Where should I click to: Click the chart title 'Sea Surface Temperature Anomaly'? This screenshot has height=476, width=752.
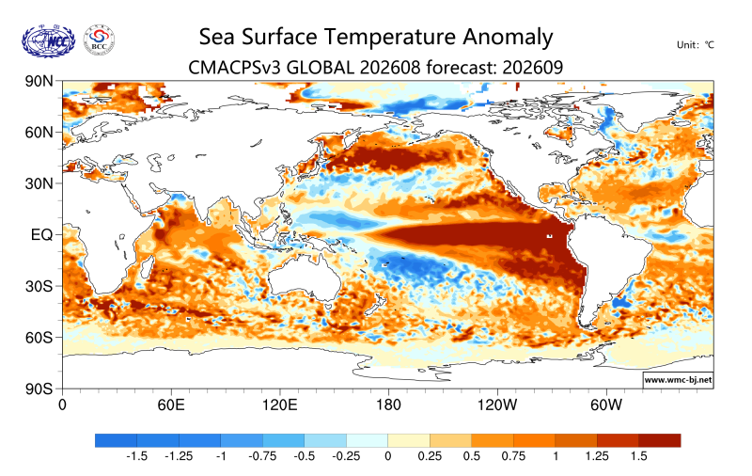(x=376, y=38)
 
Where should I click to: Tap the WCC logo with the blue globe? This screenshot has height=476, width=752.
(x=49, y=41)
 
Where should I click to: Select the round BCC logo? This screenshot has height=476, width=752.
(x=100, y=40)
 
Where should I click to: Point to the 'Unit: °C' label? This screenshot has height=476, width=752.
(x=696, y=45)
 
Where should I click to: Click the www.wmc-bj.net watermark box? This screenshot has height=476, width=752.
(x=678, y=379)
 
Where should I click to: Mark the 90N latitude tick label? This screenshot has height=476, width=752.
(x=39, y=81)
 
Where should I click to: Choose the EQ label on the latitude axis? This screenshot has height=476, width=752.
(x=41, y=235)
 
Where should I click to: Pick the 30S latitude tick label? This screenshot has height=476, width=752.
(x=39, y=287)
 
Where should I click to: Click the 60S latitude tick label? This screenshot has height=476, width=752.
(x=39, y=338)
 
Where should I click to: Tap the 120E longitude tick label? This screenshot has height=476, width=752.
(x=279, y=405)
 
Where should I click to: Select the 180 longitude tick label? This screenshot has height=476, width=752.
(x=388, y=405)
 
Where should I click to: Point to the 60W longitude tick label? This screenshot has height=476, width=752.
(x=606, y=405)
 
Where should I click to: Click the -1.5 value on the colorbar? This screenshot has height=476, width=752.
(x=136, y=456)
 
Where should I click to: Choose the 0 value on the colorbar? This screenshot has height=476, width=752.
(x=388, y=456)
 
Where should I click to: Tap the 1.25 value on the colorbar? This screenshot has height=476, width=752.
(x=597, y=456)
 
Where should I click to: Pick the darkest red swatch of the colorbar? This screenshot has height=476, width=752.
(x=660, y=440)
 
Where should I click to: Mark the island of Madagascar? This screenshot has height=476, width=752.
(x=148, y=268)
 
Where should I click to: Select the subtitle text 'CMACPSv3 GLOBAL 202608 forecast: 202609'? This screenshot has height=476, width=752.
(x=375, y=68)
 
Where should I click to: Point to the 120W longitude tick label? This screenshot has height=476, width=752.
(x=497, y=405)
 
